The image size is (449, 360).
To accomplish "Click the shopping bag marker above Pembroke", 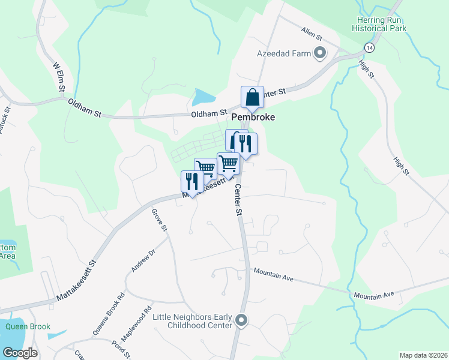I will point(253,97).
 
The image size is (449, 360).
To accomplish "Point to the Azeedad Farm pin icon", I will point(320,53).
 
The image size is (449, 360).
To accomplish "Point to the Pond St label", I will point(121,349).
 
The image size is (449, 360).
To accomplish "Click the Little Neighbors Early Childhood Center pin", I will point(241,320).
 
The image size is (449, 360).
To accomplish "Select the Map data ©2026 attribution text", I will point(424,355).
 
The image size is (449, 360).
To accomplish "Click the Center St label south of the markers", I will point(238,200).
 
